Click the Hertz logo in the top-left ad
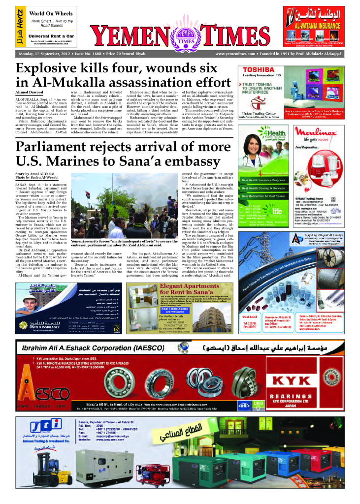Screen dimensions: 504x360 (20, 28)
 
